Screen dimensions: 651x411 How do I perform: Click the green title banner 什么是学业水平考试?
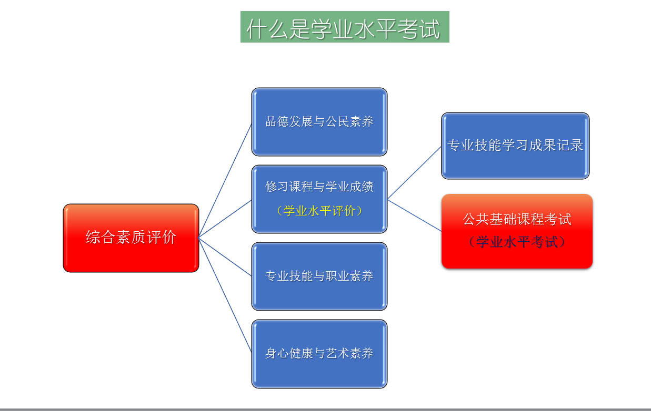tap(345, 27)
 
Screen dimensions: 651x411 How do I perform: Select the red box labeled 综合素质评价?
tap(131, 238)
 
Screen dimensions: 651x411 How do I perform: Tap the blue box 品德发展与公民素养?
tap(319, 122)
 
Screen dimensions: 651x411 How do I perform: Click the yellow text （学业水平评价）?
tap(319, 211)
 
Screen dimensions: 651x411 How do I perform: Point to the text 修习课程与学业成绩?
tap(319, 187)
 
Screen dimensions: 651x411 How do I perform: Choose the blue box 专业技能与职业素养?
tap(319, 276)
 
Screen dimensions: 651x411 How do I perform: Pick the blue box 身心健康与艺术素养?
tap(319, 354)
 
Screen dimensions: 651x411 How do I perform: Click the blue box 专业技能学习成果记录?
tap(515, 146)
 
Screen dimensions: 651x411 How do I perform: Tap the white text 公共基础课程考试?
tap(517, 219)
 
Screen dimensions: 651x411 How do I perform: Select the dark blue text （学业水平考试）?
tap(517, 242)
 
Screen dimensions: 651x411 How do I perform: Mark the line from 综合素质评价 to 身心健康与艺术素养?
tap(225, 295)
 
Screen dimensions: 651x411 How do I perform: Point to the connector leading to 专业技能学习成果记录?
tap(414, 173)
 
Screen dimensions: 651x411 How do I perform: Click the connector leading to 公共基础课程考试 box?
tap(414, 215)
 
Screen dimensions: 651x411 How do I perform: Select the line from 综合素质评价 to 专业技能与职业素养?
tap(225, 256)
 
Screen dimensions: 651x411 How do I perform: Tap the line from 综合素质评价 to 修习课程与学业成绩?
tap(225, 219)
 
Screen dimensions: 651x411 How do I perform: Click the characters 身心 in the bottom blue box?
tap(277, 353)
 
